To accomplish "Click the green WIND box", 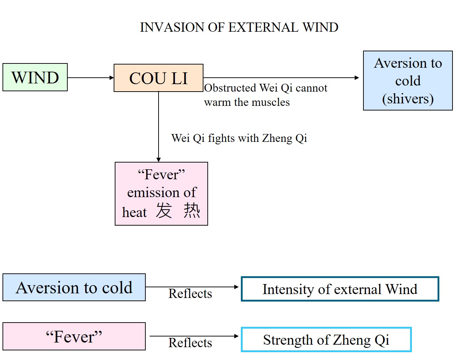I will pos(35,77).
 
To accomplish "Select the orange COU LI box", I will pos(158,78).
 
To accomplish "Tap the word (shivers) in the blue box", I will pos(408,99).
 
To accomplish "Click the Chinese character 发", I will pos(164,210).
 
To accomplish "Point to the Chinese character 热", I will pos(192,210).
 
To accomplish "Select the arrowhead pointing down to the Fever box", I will pos(159,160).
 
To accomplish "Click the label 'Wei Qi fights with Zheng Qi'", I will pos(239,138).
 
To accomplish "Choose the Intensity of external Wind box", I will pos(340,289).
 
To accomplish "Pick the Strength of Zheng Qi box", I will pos(326,340).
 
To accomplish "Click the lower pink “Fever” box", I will pos(74,336).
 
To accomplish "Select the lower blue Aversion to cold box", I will pos(74,288).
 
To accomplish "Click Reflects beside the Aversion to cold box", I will pos(190,294).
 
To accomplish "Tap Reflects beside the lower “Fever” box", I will pos(190,343).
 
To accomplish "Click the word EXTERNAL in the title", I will pos(263,27).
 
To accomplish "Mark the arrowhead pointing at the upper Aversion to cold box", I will pos(357,78).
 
